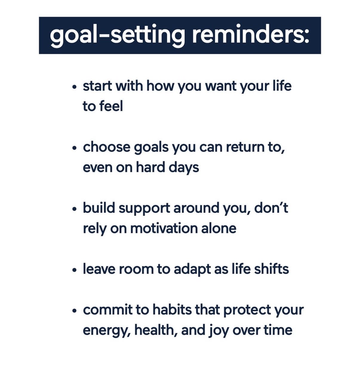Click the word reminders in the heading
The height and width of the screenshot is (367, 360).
[250, 36]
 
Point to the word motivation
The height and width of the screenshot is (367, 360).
[164, 228]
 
